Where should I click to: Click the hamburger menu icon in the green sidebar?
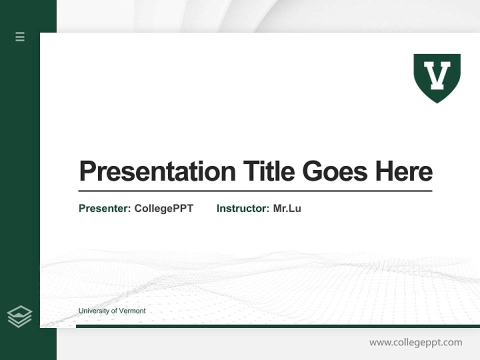click(20, 36)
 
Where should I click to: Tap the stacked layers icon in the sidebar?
click(19, 316)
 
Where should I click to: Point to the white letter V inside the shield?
click(437, 75)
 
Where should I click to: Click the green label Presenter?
click(104, 208)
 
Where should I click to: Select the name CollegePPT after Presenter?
click(163, 208)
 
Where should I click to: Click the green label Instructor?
click(243, 208)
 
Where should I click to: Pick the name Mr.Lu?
click(287, 208)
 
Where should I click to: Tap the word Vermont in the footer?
click(132, 311)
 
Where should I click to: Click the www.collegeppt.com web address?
click(415, 342)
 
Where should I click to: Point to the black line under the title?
click(255, 191)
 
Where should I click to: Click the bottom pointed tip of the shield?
click(437, 101)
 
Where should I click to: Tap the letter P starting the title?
click(87, 171)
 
